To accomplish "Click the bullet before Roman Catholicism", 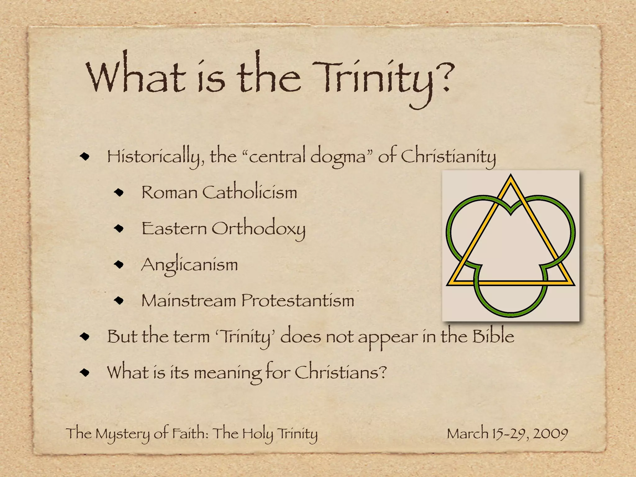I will coord(119,193).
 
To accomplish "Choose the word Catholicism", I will coord(250,192).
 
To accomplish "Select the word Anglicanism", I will coord(189,265).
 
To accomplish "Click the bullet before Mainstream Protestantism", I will coord(119,301).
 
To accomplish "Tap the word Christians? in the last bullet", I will coord(340,372).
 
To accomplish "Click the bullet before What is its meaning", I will coord(84,372).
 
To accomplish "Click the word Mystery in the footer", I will coord(122,434).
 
